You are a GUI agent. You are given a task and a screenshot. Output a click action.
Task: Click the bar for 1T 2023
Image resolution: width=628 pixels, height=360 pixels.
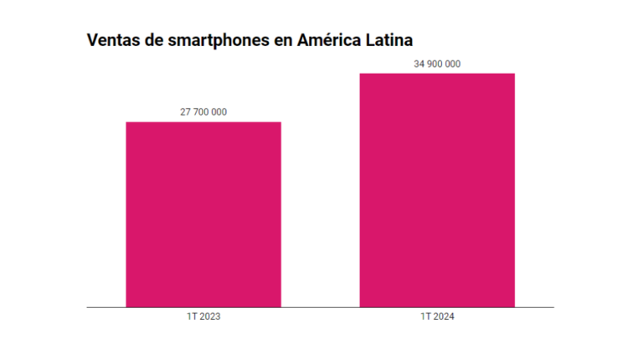(x=203, y=214)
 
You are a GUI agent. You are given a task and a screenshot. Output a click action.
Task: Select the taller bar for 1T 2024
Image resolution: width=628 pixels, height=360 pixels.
(x=437, y=190)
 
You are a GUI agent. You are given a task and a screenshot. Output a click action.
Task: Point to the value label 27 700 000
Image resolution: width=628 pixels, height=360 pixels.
(x=203, y=112)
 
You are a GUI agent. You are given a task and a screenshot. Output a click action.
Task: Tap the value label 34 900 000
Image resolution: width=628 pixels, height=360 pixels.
(x=437, y=64)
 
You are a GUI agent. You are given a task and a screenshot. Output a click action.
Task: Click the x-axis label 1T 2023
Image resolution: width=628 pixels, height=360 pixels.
(x=203, y=318)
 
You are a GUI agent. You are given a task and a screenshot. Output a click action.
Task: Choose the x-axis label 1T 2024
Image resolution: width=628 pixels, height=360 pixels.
(x=437, y=318)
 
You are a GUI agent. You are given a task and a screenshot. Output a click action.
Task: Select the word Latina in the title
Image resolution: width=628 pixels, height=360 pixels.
(x=390, y=39)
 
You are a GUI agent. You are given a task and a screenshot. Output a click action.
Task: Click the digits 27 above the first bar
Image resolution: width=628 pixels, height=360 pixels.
(x=185, y=112)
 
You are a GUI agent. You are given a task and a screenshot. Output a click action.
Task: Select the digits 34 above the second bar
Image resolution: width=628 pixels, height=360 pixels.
(x=419, y=64)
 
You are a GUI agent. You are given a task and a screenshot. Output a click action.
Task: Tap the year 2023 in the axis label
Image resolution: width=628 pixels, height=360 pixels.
(x=209, y=318)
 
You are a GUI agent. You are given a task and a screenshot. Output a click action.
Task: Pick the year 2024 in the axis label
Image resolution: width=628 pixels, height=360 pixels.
(x=443, y=318)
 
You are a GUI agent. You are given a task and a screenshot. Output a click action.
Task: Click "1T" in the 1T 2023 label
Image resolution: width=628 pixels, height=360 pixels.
(x=192, y=318)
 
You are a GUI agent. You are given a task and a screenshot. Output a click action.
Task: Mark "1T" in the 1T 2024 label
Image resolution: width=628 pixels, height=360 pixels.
(x=425, y=318)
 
